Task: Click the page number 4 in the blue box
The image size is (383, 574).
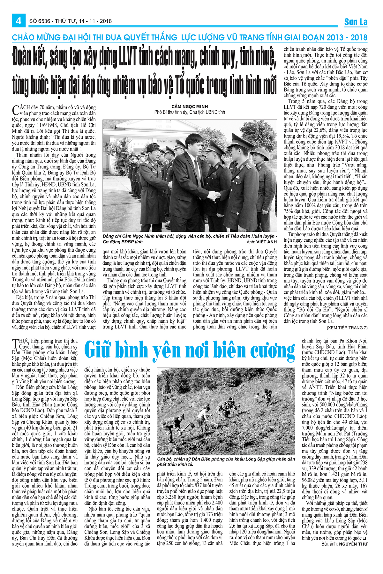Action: [x=19, y=21]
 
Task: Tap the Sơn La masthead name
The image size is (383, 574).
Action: [x=356, y=22]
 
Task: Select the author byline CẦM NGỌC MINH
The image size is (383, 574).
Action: [x=189, y=107]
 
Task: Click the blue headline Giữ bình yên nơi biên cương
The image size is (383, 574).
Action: [x=190, y=350]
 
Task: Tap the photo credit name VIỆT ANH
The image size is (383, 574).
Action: [x=267, y=242]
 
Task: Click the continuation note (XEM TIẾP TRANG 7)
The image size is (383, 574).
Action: [x=347, y=327]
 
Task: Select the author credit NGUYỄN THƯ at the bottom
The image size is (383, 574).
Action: [x=353, y=544]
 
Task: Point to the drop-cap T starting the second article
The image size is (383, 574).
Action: [x=15, y=343]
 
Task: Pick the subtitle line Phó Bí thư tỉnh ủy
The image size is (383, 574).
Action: [x=189, y=112]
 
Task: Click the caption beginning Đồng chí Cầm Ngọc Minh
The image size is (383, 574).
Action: [x=190, y=237]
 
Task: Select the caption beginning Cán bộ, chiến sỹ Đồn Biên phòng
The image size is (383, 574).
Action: [x=226, y=461]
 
